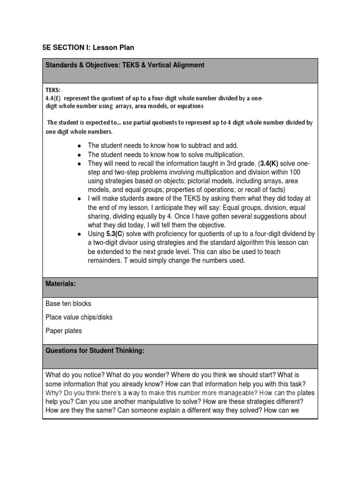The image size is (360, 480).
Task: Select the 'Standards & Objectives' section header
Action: point(125,65)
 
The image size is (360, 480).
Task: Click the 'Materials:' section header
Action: point(60,284)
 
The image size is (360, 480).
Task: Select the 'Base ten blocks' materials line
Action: point(68,304)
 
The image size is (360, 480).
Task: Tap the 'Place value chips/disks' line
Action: point(79,317)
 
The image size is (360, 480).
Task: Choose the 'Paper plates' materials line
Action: point(64,331)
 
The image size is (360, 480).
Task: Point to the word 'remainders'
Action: point(105,261)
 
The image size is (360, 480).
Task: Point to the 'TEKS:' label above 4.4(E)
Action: point(53,90)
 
